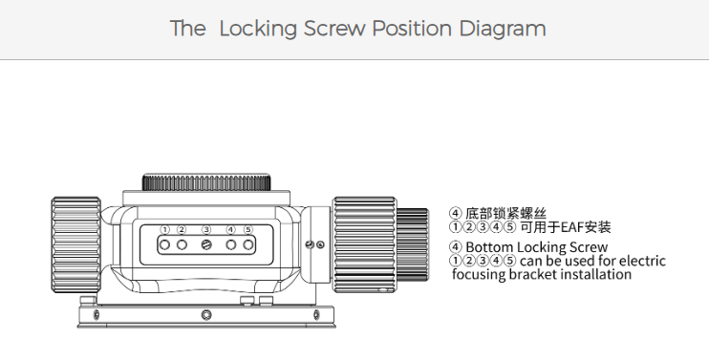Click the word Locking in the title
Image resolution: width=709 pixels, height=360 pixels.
(x=258, y=29)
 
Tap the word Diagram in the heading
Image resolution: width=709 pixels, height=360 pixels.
(x=503, y=29)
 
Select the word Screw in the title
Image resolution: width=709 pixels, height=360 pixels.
(x=334, y=29)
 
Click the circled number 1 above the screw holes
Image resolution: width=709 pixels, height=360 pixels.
(x=165, y=229)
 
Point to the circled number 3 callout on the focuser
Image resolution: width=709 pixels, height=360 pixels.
(x=206, y=229)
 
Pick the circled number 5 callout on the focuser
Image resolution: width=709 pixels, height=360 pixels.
(x=247, y=229)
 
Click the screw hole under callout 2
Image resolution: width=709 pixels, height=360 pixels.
(x=182, y=244)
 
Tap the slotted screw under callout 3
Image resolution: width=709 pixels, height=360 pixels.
(x=206, y=244)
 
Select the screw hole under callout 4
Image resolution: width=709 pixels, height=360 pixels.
(x=231, y=244)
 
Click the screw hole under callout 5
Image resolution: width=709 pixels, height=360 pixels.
(x=247, y=244)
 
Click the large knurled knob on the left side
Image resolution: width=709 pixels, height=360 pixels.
(x=76, y=244)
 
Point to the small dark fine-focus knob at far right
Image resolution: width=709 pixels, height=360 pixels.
(x=413, y=244)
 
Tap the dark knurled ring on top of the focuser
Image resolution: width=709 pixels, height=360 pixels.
(x=206, y=182)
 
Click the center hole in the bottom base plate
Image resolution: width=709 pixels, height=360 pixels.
(x=206, y=314)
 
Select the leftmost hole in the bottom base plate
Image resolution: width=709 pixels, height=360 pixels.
(x=96, y=314)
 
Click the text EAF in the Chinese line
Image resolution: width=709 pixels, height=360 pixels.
(x=572, y=226)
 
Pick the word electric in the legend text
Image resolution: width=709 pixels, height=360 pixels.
(x=642, y=261)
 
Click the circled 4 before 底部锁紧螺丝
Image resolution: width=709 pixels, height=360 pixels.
(x=456, y=213)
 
